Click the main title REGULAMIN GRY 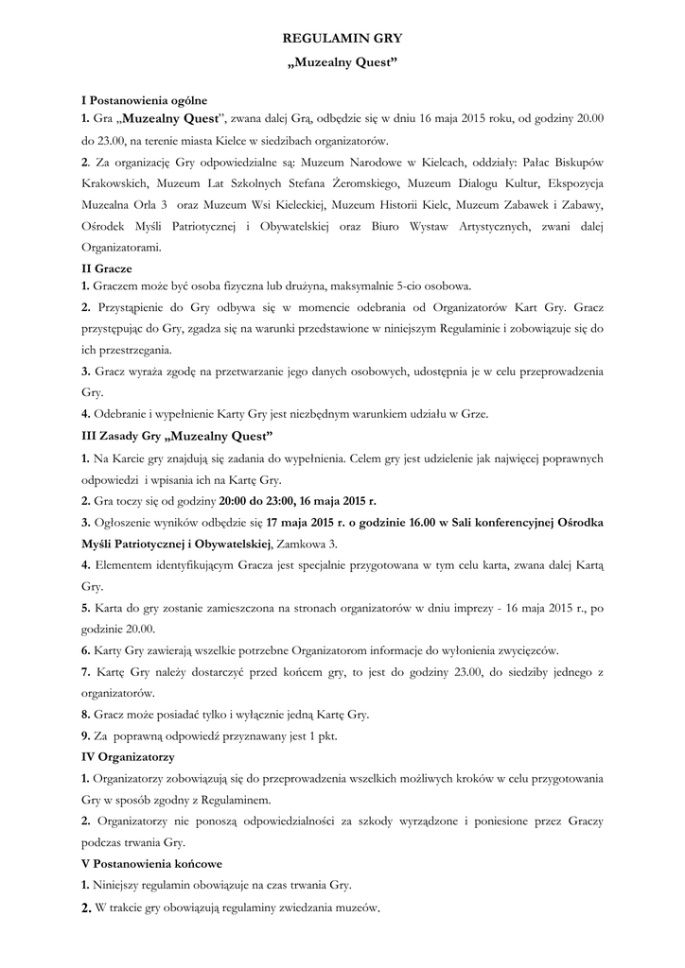coord(342,38)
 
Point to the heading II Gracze coord(107,268)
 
